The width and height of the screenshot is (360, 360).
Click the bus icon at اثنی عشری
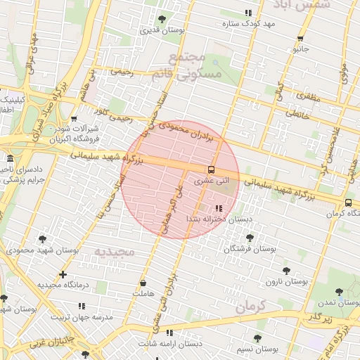point(211,169)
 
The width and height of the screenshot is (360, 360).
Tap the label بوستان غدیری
point(162,30)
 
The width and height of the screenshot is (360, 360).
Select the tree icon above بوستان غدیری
point(162,19)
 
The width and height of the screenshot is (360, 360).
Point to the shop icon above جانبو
point(300,39)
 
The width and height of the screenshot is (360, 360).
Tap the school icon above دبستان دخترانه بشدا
point(219,208)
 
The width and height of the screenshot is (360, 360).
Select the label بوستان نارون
point(287,281)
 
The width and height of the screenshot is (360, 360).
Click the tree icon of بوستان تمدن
point(339,291)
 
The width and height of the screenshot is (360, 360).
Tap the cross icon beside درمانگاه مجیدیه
point(63,274)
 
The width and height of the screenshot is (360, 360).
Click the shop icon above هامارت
point(143,283)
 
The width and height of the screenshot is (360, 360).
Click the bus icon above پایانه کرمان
point(349,202)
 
